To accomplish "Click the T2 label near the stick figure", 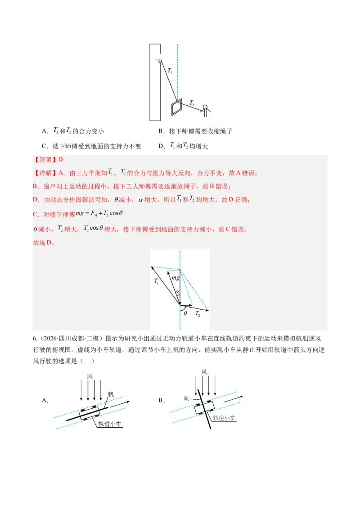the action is [x=192, y=103].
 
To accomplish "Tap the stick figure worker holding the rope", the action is [x=205, y=111].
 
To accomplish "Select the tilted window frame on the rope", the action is [x=177, y=107].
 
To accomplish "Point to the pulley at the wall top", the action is [x=160, y=61].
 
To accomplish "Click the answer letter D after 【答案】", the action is [x=60, y=159].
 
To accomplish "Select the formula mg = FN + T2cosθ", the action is [x=99, y=214].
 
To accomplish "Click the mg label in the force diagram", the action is [x=175, y=277].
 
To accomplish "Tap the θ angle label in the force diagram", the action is [x=185, y=313].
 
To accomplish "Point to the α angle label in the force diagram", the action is [x=177, y=292].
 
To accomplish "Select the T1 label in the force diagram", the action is [x=156, y=281].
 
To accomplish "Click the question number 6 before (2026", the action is [x=35, y=339].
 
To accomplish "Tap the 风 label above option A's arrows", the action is [x=90, y=376].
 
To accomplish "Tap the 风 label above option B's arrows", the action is [x=204, y=372].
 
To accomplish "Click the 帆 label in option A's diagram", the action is [x=111, y=394].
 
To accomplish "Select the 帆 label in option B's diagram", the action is [x=186, y=398].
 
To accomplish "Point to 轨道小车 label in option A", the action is [x=109, y=424].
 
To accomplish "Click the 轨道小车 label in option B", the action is [x=224, y=418].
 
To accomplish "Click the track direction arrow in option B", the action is [x=234, y=399].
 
